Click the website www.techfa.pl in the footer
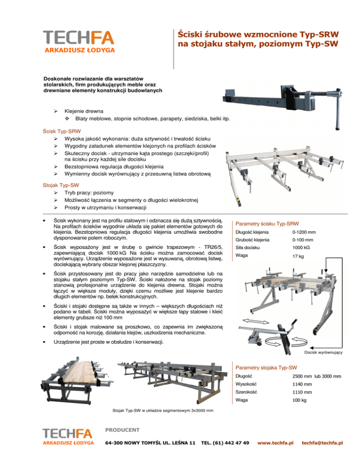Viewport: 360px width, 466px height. pos(276,443)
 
